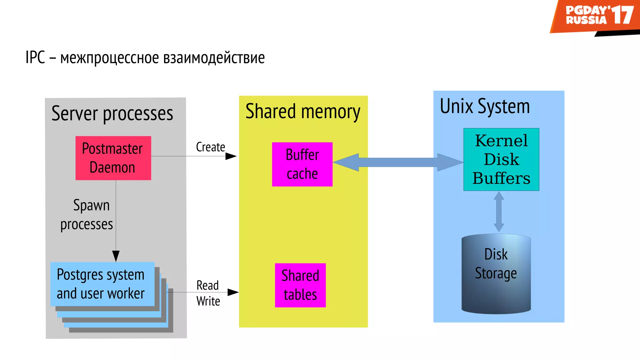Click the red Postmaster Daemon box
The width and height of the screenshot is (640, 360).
click(113, 158)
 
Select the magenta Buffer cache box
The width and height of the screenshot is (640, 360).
click(302, 164)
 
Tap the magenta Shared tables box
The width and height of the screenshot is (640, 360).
click(300, 285)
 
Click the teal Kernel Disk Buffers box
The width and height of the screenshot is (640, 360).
click(501, 159)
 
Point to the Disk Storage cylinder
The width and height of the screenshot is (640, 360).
click(496, 274)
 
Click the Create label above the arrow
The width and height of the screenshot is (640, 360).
click(210, 147)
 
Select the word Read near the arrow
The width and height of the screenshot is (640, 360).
click(207, 285)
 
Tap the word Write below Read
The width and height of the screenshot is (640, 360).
click(208, 301)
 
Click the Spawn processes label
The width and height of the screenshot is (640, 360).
click(87, 215)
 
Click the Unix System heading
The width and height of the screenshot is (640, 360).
click(485, 106)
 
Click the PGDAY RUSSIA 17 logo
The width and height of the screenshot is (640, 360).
click(595, 16)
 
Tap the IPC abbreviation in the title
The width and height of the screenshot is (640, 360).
click(35, 57)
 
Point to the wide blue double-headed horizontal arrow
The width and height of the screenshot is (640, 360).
click(398, 162)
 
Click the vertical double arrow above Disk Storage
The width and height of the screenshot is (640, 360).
click(499, 212)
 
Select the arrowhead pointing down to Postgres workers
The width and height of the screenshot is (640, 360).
click(116, 256)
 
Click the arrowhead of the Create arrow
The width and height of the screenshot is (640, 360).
click(231, 156)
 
